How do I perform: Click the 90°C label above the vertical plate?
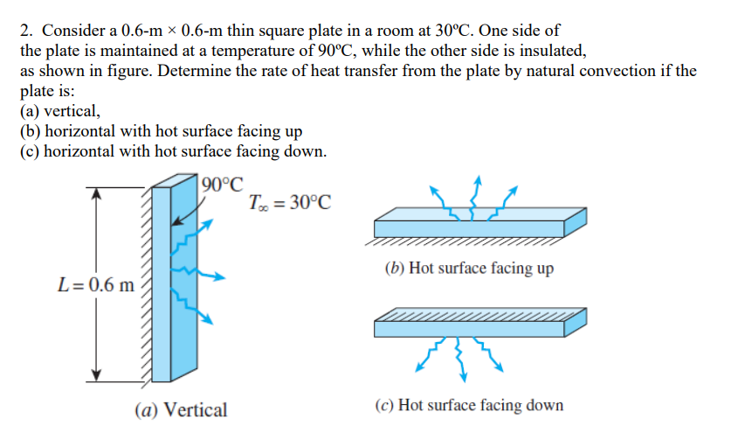point(222,185)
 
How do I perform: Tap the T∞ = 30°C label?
point(290,204)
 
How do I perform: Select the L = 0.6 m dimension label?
point(95,284)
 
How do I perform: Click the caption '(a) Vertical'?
point(181,409)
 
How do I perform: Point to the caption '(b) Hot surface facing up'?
point(468,268)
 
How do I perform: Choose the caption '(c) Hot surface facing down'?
point(468,405)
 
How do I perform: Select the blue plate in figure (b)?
point(476,227)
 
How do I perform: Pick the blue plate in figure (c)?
point(476,327)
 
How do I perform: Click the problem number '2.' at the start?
point(27,30)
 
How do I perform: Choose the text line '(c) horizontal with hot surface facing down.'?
point(174,151)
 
